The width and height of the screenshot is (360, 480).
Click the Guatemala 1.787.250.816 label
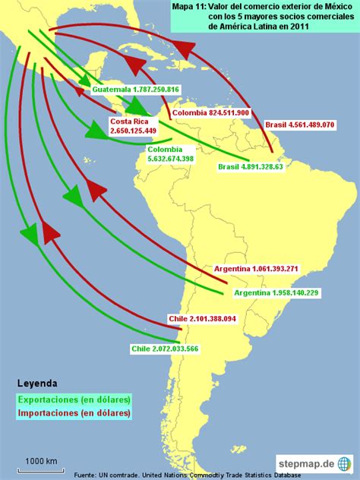pos(136,90)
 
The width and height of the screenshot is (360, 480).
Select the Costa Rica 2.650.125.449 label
pos(133,126)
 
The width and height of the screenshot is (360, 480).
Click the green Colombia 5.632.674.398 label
pos(170,154)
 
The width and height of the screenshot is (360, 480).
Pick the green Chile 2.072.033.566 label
pos(165,348)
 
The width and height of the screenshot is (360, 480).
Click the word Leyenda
pos(37,383)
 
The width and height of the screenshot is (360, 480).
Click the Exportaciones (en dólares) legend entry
pos(74,399)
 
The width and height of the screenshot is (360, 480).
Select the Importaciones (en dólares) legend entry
pos(74,413)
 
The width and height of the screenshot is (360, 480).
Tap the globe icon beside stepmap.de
pos(345,461)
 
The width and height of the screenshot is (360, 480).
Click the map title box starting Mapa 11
pos(261,17)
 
